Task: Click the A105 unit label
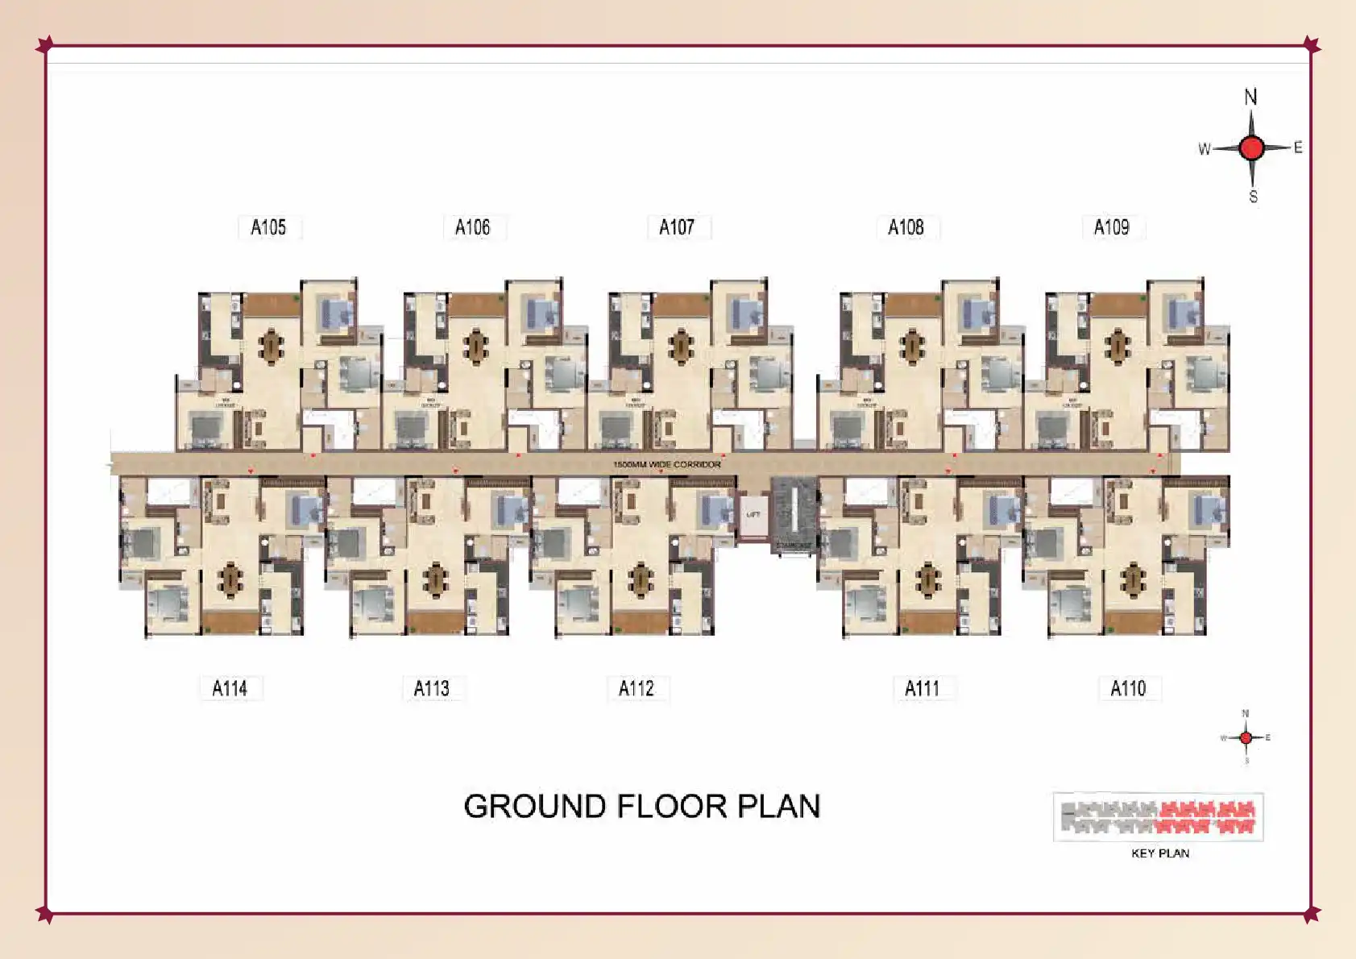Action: click(x=268, y=227)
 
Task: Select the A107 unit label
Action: click(x=677, y=227)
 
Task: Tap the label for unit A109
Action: click(x=1111, y=227)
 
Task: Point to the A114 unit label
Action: click(x=230, y=688)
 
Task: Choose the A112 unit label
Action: click(x=637, y=688)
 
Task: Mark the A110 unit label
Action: click(x=1128, y=688)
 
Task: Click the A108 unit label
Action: click(x=906, y=227)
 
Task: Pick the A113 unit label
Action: click(x=432, y=688)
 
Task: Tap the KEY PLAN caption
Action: click(x=1160, y=853)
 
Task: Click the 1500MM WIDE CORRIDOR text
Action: click(x=667, y=464)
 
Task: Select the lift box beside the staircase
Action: click(x=753, y=514)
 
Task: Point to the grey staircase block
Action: click(x=794, y=514)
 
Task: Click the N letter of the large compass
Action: click(x=1250, y=98)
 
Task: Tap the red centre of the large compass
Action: click(x=1251, y=148)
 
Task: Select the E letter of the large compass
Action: click(x=1298, y=147)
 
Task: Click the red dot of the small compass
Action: click(x=1246, y=737)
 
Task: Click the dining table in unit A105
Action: click(x=272, y=346)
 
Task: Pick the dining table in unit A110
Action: click(x=1133, y=578)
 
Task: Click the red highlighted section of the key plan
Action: click(x=1207, y=817)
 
